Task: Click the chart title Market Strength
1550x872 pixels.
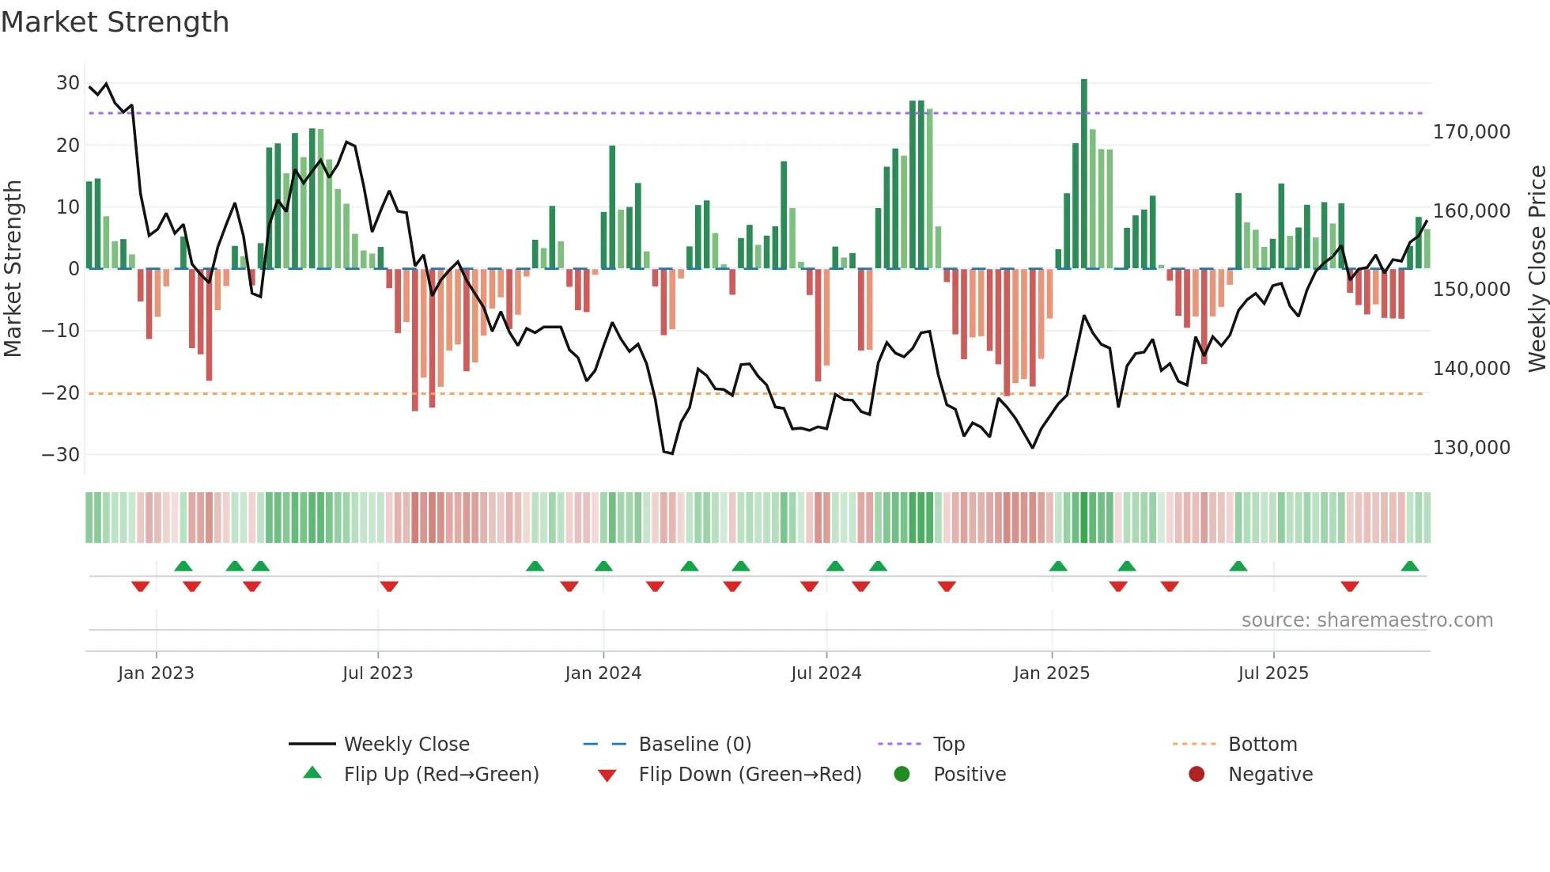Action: tap(115, 22)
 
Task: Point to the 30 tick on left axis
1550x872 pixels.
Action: tap(68, 83)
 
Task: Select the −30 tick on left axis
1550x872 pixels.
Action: tap(61, 455)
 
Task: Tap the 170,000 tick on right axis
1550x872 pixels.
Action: tap(1471, 132)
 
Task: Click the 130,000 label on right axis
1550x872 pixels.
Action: tap(1471, 448)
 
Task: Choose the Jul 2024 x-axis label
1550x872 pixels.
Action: tap(826, 673)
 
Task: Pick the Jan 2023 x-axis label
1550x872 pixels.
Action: tap(156, 673)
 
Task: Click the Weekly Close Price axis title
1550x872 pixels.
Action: tap(1537, 269)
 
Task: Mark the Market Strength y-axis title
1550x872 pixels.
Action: tap(13, 269)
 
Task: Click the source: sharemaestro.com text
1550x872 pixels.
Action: tap(1367, 620)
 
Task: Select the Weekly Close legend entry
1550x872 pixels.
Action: tap(406, 745)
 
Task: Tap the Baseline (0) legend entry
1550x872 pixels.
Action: tap(694, 745)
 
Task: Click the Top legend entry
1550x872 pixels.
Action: tap(948, 745)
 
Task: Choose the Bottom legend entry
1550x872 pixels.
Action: tap(1262, 745)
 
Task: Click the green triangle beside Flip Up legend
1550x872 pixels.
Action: tap(312, 773)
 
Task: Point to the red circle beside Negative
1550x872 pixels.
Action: tap(1197, 774)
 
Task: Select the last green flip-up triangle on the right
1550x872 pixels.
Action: tap(1409, 567)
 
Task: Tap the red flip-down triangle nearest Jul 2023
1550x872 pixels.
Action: tap(389, 586)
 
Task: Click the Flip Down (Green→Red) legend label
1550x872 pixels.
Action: tap(750, 775)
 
